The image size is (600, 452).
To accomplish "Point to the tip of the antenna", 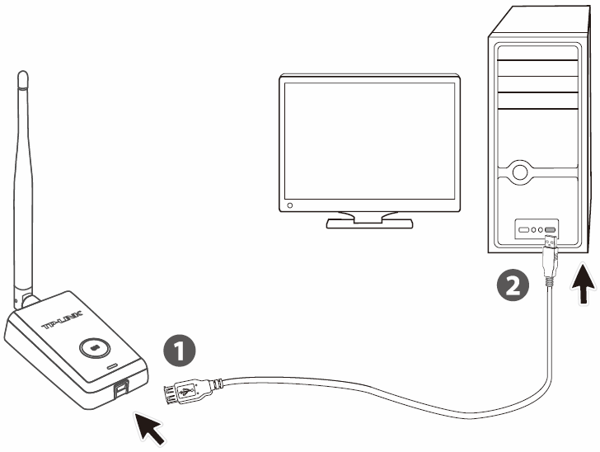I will point(22,76).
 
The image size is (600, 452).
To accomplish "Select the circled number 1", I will point(180,351).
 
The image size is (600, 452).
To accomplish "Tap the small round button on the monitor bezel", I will point(289,202).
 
